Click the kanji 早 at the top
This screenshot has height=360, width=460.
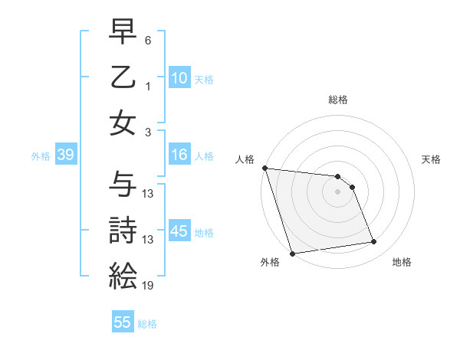tap(123, 33)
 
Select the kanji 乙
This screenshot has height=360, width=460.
tap(123, 77)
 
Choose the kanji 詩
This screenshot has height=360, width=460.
tap(123, 230)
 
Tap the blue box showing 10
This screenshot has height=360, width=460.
tap(179, 78)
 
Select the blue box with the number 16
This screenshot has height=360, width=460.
tap(179, 155)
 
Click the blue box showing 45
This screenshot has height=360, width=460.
tap(179, 231)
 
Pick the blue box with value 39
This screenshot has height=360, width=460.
tap(65, 155)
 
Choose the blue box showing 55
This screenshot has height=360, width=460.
tap(123, 322)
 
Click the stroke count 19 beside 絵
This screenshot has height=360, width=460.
tap(149, 286)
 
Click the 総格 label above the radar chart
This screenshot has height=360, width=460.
tap(337, 100)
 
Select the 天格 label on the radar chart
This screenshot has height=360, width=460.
tap(432, 159)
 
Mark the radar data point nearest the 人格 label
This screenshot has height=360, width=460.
tap(264, 168)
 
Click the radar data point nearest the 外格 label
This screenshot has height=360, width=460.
tap(292, 254)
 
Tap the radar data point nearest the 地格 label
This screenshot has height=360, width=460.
tap(374, 242)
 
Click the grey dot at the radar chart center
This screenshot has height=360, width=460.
tap(337, 191)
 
